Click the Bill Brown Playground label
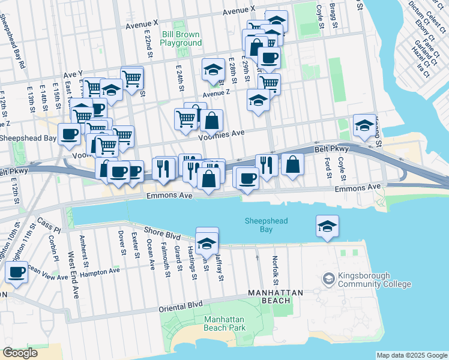tap(181, 38)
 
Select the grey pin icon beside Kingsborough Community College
tap(328, 278)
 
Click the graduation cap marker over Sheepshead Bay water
tap(327, 226)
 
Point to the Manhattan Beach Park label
tap(224, 323)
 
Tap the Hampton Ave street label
tap(101, 271)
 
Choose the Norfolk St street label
tap(275, 271)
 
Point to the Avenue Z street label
tap(216, 94)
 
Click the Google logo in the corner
tap(20, 353)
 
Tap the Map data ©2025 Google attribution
tap(411, 355)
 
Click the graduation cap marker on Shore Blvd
tap(207, 243)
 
